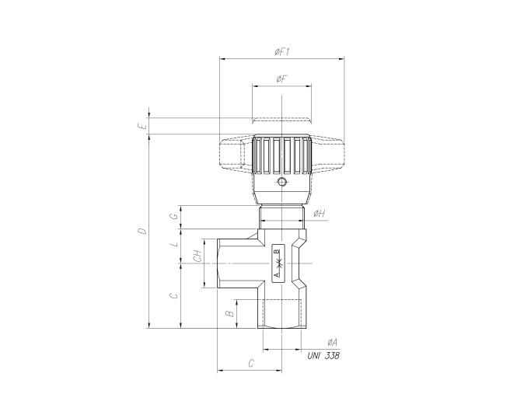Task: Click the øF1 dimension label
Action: click(x=282, y=52)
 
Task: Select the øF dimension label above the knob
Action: click(x=281, y=79)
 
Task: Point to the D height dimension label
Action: click(x=142, y=231)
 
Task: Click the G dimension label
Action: click(x=175, y=216)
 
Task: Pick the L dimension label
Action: click(x=175, y=243)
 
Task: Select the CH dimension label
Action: click(x=197, y=256)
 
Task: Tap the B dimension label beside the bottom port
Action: click(x=230, y=314)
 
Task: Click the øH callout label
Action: click(x=320, y=214)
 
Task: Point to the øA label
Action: click(x=333, y=342)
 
